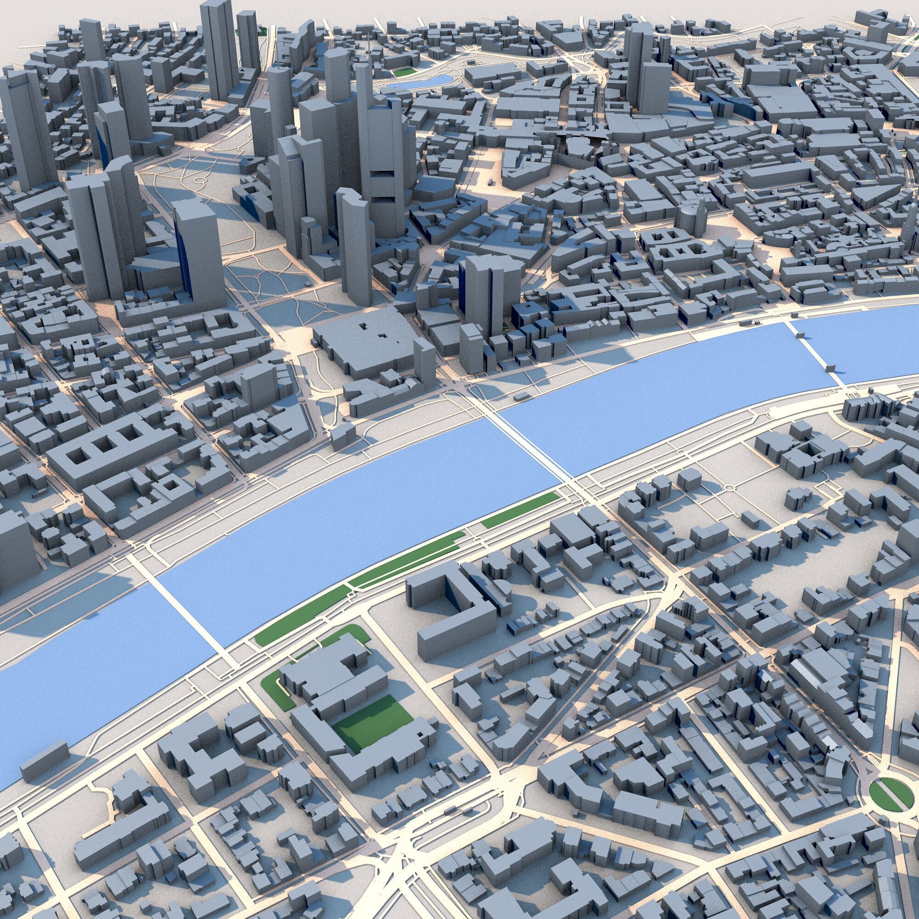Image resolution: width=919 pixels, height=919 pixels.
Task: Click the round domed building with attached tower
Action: (691, 216)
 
